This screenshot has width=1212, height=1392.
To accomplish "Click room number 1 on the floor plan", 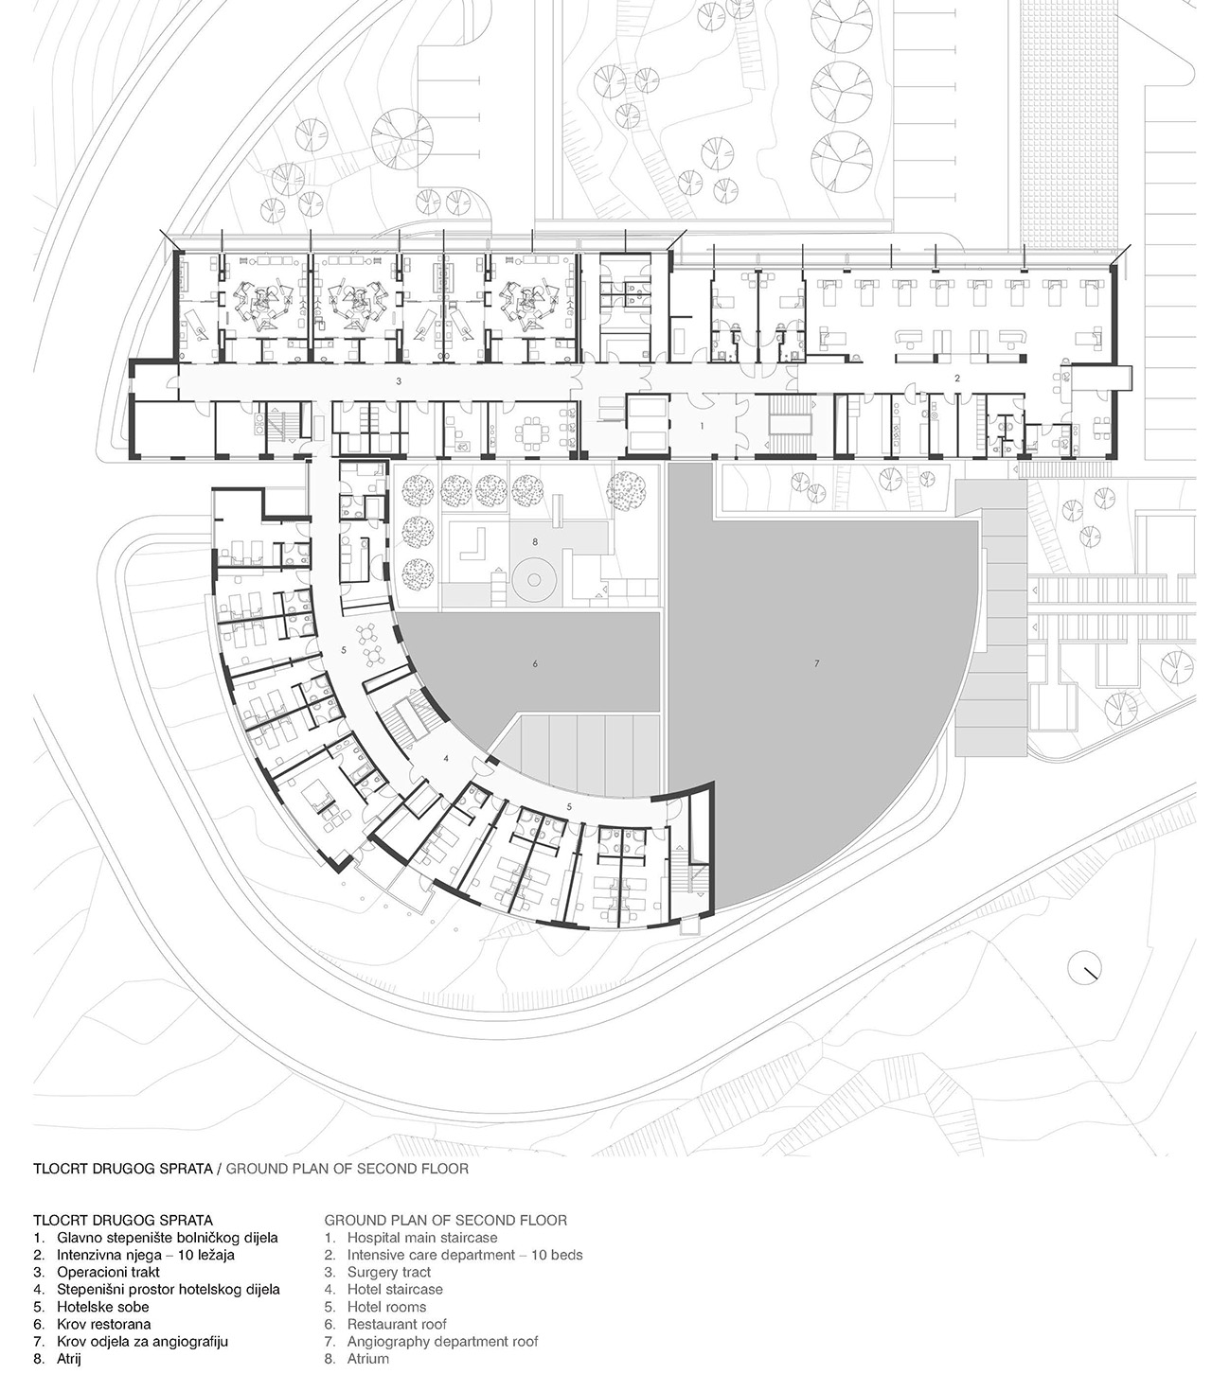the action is click(702, 426).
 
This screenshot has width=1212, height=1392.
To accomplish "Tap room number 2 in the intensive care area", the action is click(956, 379).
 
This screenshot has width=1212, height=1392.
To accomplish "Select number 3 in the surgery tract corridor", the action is click(399, 381).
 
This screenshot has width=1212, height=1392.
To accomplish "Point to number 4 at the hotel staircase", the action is click(446, 757).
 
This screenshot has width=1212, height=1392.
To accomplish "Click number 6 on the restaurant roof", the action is click(535, 663).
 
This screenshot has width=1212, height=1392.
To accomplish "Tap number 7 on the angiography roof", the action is click(816, 663).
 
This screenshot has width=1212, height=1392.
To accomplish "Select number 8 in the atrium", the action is click(535, 542).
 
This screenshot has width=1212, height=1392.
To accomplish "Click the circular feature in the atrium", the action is click(534, 579).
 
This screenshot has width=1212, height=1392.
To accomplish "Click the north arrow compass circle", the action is click(1084, 968).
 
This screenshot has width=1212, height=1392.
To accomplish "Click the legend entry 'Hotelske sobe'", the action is click(103, 1306).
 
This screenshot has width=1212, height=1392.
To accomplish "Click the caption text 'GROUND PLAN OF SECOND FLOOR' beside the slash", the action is click(348, 1169).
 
